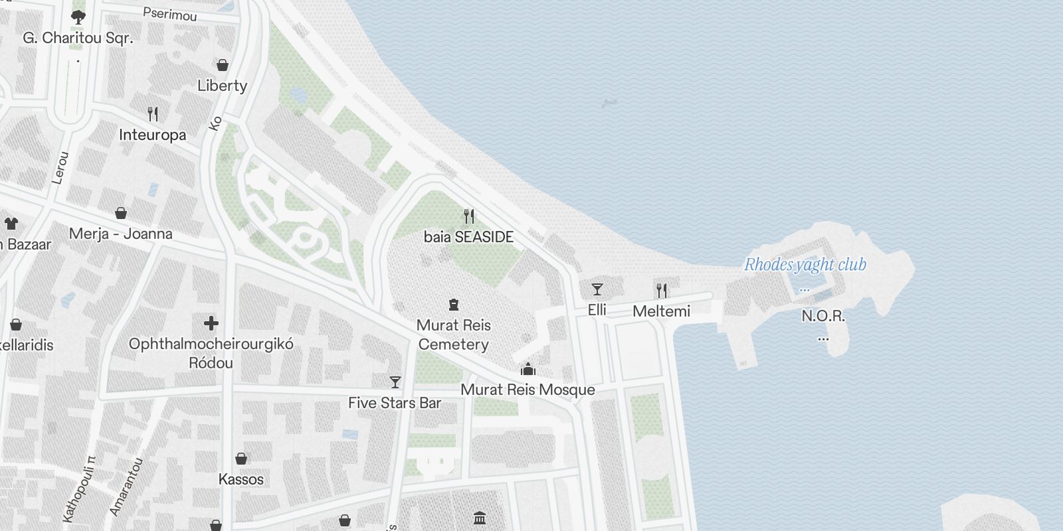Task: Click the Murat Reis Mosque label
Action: tap(528, 390)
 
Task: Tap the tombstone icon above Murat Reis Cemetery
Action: tap(454, 305)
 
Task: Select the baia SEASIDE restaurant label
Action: tap(468, 237)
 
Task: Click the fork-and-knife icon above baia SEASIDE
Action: tap(469, 216)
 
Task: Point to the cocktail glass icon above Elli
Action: tap(597, 289)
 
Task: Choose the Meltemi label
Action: tap(661, 311)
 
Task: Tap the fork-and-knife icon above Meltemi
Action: tap(661, 290)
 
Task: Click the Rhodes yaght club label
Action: tap(805, 265)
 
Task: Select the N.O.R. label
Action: tap(823, 316)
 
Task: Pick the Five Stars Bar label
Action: tap(395, 403)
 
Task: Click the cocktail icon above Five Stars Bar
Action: tap(395, 382)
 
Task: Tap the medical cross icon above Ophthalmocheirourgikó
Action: tap(211, 323)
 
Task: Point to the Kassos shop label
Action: tap(241, 479)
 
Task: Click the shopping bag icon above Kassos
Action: tap(241, 459)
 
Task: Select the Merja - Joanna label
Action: tap(121, 234)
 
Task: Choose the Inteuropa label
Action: tap(152, 135)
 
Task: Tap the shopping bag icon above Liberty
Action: tap(223, 65)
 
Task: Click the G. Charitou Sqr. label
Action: tap(78, 38)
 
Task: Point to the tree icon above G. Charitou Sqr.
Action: tap(78, 17)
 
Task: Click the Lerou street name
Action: tap(60, 168)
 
